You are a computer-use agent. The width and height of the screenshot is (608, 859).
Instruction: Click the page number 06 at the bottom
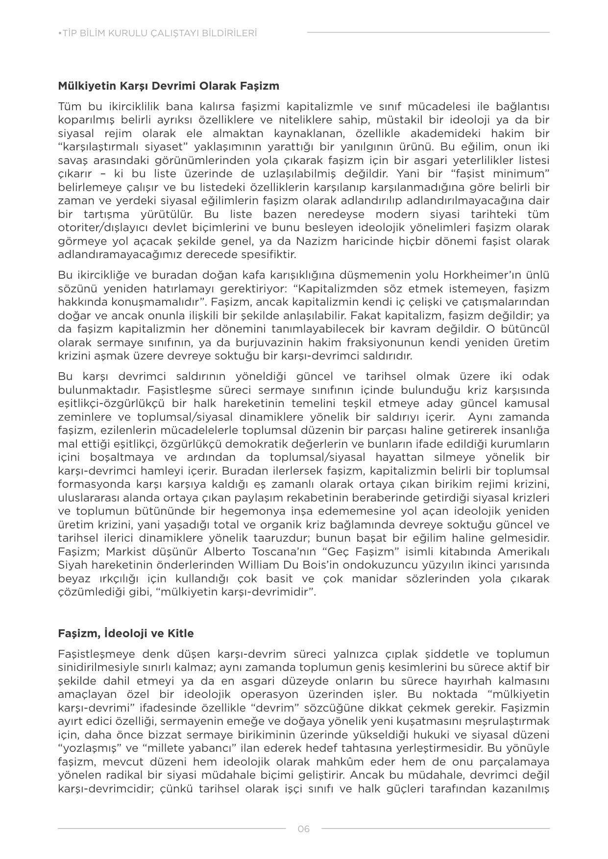(x=303, y=829)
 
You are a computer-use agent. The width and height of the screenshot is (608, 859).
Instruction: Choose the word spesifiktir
(x=268, y=255)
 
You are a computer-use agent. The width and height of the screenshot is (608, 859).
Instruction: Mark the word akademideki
(x=429, y=133)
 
